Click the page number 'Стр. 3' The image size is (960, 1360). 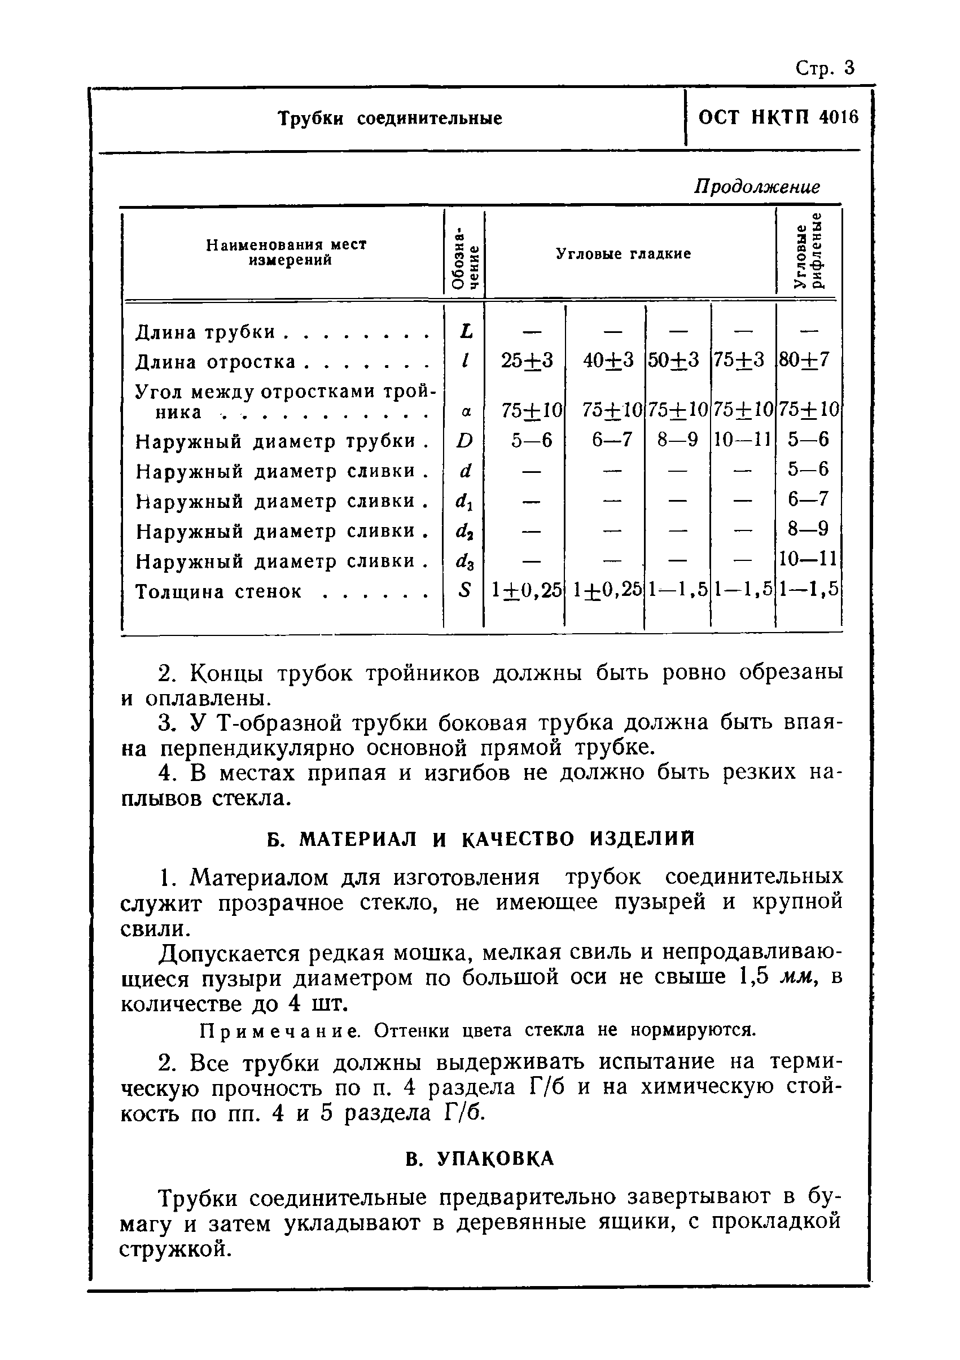coord(825,69)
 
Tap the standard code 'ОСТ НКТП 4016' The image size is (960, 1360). coord(778,118)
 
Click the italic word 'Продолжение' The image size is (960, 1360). coord(757,187)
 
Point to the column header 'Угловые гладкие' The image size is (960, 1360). coord(623,254)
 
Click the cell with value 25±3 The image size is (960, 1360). coord(527,359)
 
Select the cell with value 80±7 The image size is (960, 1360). coord(808,359)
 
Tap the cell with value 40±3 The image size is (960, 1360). coord(608,359)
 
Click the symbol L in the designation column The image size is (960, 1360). coord(466,332)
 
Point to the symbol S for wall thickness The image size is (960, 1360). coord(466,590)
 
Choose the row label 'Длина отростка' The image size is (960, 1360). coord(215,362)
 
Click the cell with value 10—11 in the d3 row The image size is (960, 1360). coord(808,559)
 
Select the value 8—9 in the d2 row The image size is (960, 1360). coord(808,528)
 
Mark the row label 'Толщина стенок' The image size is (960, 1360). coord(218,592)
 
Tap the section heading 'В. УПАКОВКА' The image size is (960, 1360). coord(480,1159)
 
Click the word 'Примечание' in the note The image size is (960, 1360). coord(279,1031)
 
